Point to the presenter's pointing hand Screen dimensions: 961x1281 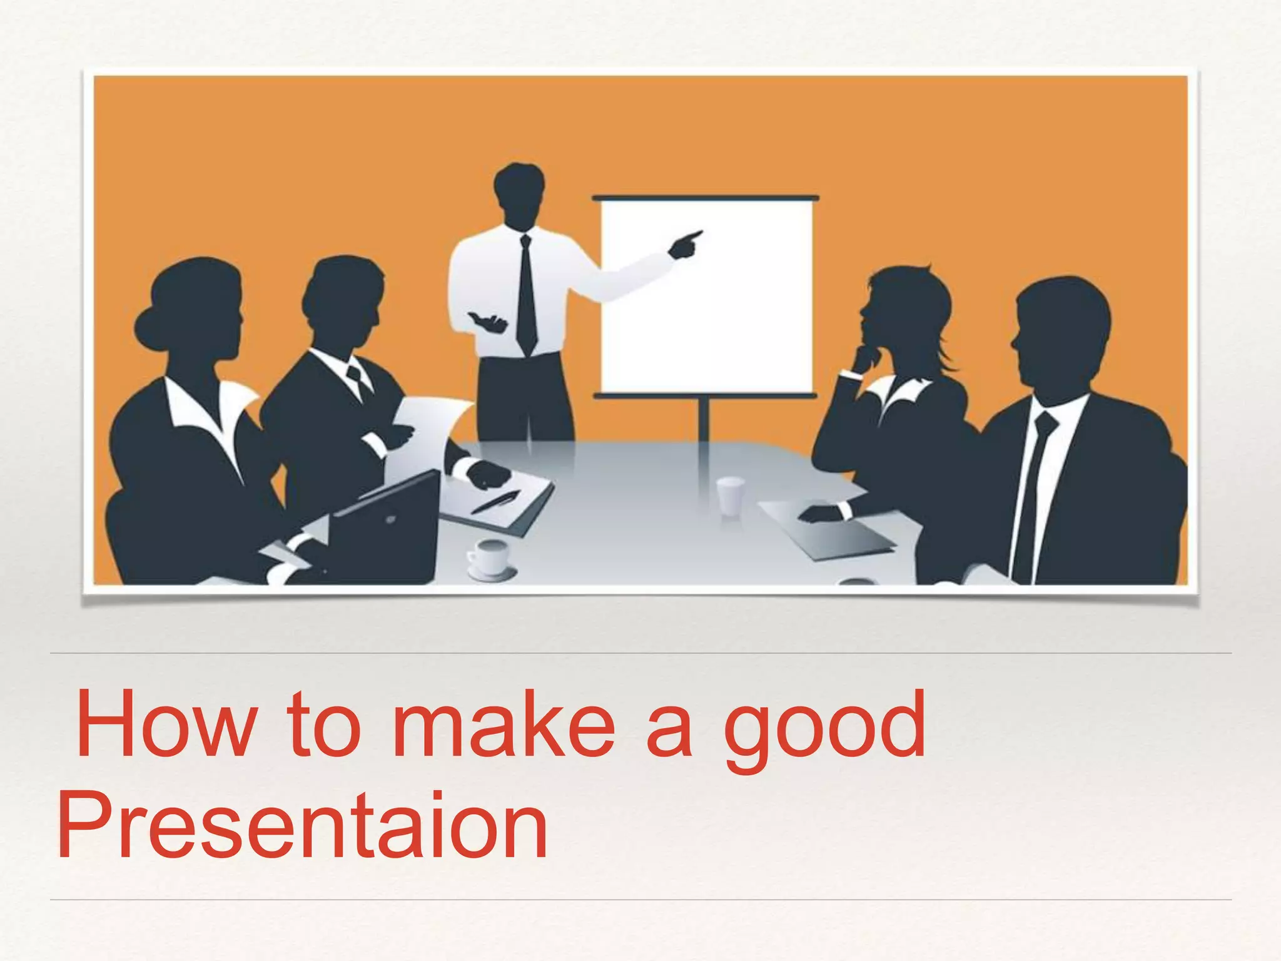click(x=685, y=244)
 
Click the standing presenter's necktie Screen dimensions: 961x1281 click(x=526, y=294)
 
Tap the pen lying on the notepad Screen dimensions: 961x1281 click(x=495, y=501)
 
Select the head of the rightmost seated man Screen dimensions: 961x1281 click(x=1060, y=332)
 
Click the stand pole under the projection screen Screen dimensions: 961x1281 click(x=704, y=419)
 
